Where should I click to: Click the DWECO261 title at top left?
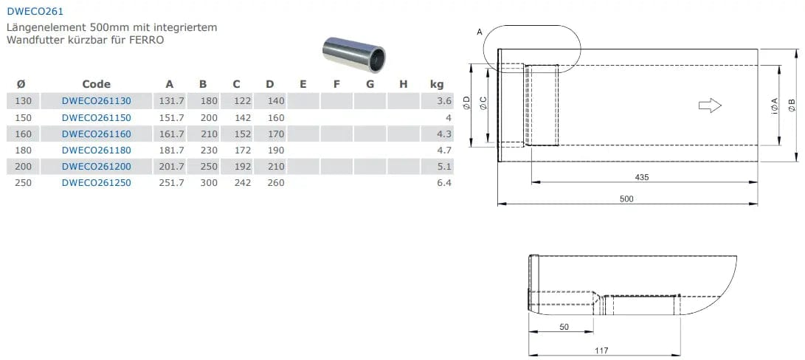pos(35,11)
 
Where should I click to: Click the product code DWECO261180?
pos(97,150)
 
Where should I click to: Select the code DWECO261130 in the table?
pos(97,101)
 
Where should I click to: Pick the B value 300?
pos(209,183)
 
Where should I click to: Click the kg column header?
pos(437,84)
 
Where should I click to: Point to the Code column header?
pos(97,84)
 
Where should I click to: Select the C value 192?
pos(242,167)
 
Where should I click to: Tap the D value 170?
pos(276,134)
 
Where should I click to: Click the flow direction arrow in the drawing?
pos(710,105)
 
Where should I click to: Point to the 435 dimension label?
pos(642,177)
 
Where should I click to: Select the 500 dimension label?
pos(627,199)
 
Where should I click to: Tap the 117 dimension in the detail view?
pos(602,350)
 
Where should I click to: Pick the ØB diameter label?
pos(792,105)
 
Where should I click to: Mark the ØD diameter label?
pos(466,104)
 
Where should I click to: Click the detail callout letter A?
pos(480,32)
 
